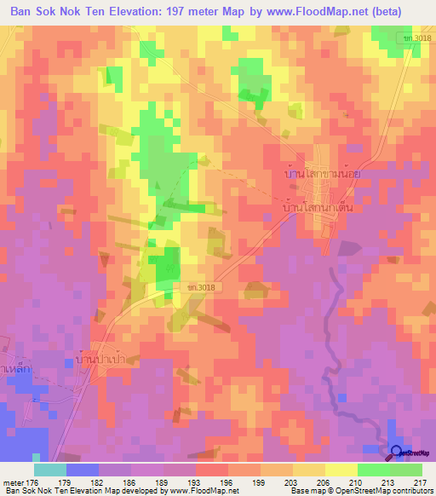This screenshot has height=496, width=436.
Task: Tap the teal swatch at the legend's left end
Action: tap(49, 469)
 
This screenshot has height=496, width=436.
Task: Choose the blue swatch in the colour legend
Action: tap(82, 469)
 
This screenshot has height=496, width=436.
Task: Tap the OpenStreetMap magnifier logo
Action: tap(396, 452)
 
